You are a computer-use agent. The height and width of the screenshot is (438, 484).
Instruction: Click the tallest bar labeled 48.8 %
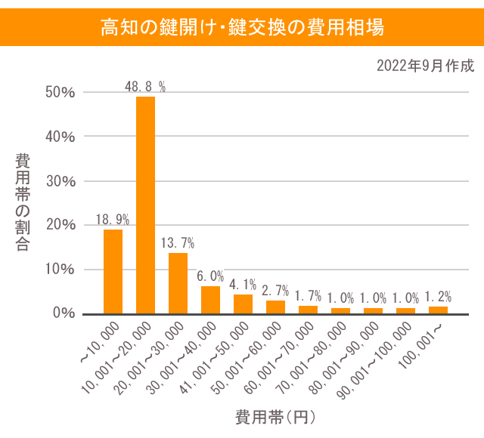pos(145,205)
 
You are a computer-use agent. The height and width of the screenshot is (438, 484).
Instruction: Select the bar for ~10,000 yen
pos(113,271)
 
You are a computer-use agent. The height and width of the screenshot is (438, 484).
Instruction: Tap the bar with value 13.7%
pos(178,282)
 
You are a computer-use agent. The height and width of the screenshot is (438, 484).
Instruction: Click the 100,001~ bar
pos(438,310)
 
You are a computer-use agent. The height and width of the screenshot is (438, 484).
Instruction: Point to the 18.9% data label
pos(113,220)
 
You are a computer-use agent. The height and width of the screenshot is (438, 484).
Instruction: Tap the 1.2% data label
pos(438,297)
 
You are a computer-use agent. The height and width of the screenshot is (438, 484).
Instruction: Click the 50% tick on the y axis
pos(60,93)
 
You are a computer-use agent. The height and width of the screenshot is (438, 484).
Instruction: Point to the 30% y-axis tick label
pos(60,181)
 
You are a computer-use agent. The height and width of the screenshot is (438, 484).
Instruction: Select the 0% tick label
pos(64,313)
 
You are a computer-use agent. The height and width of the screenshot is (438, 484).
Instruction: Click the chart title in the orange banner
pos(242,28)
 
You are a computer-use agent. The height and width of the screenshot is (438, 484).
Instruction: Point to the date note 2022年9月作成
pos(425,66)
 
